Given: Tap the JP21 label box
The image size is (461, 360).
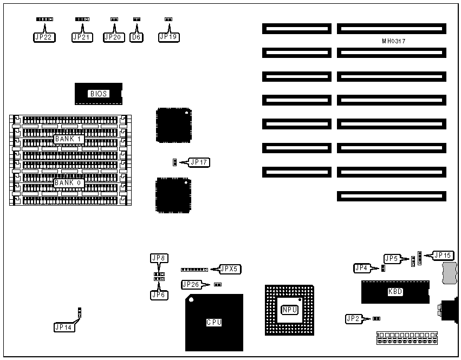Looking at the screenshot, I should pyautogui.click(x=82, y=37).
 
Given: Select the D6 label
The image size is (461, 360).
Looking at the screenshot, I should pyautogui.click(x=137, y=37).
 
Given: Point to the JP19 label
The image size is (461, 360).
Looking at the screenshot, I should pyautogui.click(x=168, y=37).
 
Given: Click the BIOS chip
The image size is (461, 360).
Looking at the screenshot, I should pyautogui.click(x=99, y=94).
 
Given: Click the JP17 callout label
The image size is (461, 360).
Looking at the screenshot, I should pyautogui.click(x=199, y=162).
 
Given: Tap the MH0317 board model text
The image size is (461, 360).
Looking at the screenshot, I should pyautogui.click(x=394, y=41).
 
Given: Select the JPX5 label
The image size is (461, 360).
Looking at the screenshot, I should pyautogui.click(x=230, y=269).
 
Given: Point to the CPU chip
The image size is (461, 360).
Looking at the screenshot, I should pyautogui.click(x=214, y=323).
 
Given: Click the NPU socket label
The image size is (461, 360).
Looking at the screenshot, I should pyautogui.click(x=289, y=310).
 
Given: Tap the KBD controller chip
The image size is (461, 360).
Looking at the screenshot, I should pyautogui.click(x=395, y=292).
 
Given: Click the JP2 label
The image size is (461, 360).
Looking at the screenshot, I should pyautogui.click(x=355, y=319).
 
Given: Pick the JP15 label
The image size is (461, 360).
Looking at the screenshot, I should pyautogui.click(x=443, y=255).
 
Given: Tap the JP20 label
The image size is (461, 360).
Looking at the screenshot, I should pyautogui.click(x=113, y=37).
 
